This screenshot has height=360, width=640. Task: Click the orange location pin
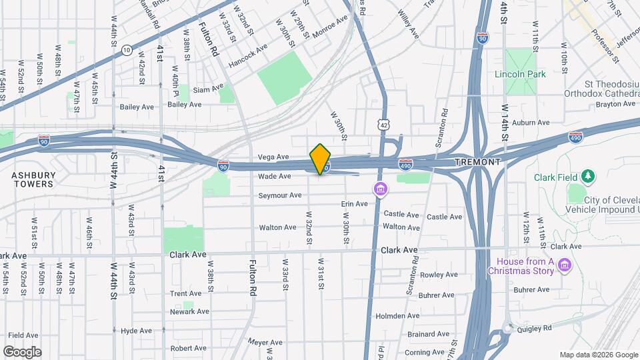coord(321,159)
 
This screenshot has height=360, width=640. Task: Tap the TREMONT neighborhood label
coord(477,162)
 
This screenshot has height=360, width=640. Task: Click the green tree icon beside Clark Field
coord(588,176)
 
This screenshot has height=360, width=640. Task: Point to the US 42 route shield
coord(382,125)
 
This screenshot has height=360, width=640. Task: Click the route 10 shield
coord(126,49)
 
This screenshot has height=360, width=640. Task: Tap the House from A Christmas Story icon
coord(564,266)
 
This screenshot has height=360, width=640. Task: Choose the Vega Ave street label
coord(275,157)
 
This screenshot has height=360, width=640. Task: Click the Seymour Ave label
coord(280,195)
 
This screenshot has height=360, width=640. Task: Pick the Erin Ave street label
coord(354,204)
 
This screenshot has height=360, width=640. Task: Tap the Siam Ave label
coord(207,89)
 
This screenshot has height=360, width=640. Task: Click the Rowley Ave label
coord(439,275)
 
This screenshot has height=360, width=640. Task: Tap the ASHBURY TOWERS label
coord(33,179)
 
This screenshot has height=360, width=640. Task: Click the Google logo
coord(22,351)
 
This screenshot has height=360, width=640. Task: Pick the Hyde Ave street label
coord(137,331)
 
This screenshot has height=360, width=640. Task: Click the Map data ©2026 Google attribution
coord(598,355)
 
